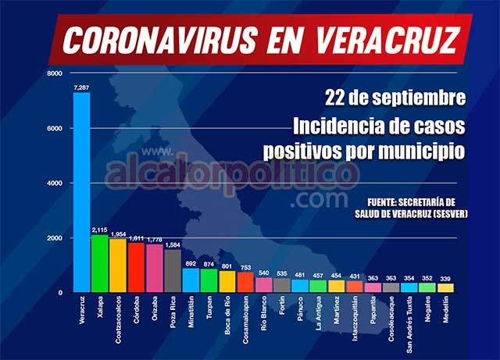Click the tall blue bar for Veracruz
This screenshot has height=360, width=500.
(x=81, y=192)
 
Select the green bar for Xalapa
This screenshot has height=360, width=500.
(x=99, y=263)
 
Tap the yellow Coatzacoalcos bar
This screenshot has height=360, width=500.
(x=117, y=266)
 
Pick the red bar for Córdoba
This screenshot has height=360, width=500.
(x=136, y=267)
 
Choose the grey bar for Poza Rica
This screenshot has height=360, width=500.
(x=173, y=270)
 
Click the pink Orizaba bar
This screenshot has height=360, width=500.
(x=154, y=268)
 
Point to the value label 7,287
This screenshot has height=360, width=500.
(x=81, y=87)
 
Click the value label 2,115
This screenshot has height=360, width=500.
(x=99, y=230)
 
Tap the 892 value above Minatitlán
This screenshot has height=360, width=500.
(x=191, y=264)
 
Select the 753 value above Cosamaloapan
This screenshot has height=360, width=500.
(x=245, y=267)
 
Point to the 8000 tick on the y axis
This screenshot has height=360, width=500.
(x=55, y=73)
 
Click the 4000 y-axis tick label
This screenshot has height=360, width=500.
(x=55, y=183)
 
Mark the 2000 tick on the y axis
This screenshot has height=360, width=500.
(x=55, y=237)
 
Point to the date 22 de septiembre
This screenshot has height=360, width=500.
(x=396, y=99)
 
